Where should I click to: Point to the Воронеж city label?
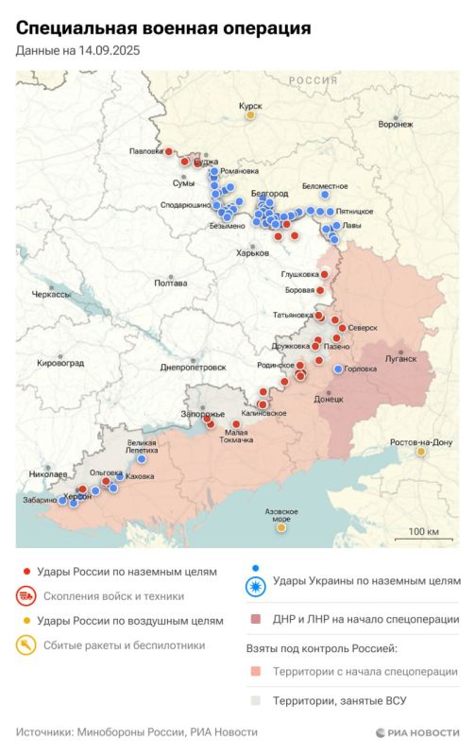point(395,124)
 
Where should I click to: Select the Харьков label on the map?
point(252,252)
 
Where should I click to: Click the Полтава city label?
point(170,283)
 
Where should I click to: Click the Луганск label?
point(400,359)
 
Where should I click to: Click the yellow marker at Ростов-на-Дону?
point(421,452)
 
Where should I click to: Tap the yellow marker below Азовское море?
point(280,527)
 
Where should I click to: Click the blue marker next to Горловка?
point(339,369)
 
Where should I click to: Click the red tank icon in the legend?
point(26,596)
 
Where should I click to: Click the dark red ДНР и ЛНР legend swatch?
point(256,620)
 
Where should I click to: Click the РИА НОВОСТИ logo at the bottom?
point(416,732)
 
